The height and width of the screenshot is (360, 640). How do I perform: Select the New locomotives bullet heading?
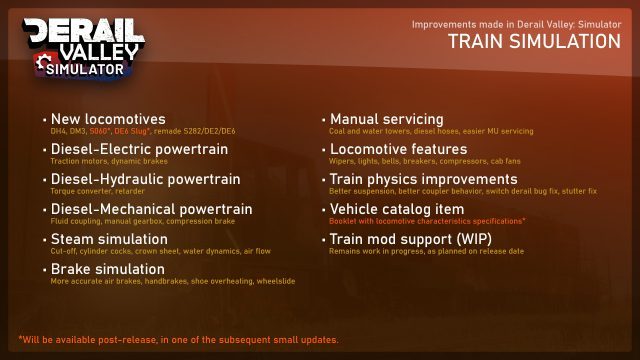pos(107,119)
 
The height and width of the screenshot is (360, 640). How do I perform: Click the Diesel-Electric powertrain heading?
pos(139,149)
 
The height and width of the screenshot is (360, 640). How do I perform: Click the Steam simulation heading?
pos(109,239)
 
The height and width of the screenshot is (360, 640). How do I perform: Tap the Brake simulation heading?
pos(108,269)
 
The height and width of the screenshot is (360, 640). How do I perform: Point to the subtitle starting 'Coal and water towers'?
pos(431,131)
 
